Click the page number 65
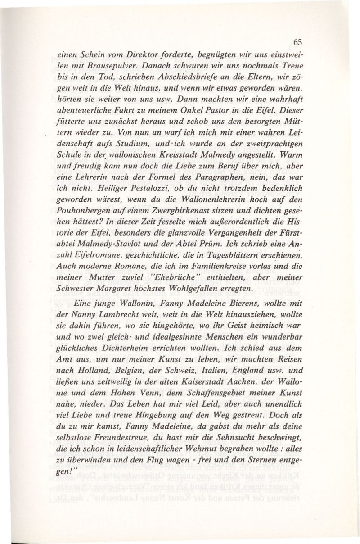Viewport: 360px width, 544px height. coord(297,42)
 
